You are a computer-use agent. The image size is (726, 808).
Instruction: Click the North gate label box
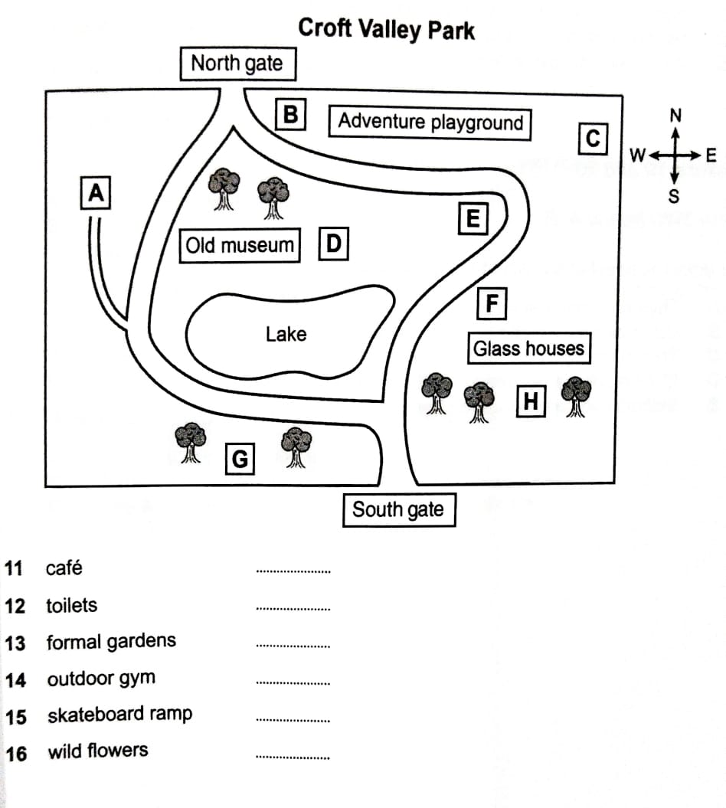pos(237,64)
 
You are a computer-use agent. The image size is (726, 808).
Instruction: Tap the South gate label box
pos(397,510)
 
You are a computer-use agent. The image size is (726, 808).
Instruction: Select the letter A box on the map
pos(96,193)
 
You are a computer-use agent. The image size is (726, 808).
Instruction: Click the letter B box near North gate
pos(290,115)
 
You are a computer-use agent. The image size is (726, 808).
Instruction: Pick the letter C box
pos(593,139)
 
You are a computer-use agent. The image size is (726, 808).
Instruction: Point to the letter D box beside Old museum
pos(333,245)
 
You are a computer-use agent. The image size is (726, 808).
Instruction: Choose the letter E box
pos(473,220)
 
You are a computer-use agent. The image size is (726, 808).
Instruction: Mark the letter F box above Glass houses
pos(492,304)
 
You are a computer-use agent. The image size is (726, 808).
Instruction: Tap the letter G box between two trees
pos(240,460)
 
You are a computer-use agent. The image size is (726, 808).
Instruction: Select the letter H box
pos(531,401)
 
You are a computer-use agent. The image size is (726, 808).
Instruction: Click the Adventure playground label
pos(430,122)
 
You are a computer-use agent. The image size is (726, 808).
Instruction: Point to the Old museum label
pos(240,246)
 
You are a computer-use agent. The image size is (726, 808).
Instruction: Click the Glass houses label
pos(528,349)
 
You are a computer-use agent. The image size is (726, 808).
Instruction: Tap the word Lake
pos(286,334)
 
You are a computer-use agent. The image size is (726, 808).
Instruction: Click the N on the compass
pos(675,116)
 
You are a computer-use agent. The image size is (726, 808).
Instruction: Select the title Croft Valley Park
pos(386,29)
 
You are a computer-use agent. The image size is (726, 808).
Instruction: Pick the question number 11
pos(14,568)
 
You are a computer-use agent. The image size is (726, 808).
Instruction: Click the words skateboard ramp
pos(119,715)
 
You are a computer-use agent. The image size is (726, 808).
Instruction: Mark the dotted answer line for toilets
pos(293,609)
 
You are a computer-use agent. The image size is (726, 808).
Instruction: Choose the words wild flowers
pos(98,751)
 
